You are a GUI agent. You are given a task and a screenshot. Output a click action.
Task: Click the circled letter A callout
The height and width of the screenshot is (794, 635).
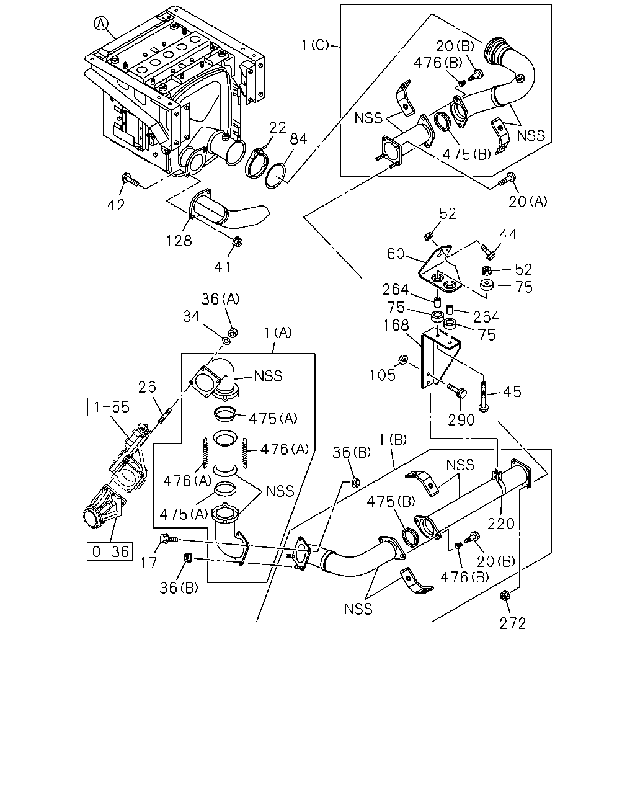(x=100, y=24)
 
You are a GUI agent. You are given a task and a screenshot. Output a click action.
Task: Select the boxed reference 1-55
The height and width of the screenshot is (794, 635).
(x=110, y=406)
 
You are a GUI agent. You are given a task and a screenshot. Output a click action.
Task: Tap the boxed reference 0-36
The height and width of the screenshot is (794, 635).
(x=110, y=551)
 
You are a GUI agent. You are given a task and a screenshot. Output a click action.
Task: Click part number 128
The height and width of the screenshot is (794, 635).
(x=179, y=241)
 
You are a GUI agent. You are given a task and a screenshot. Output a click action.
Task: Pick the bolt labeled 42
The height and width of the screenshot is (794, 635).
(x=130, y=180)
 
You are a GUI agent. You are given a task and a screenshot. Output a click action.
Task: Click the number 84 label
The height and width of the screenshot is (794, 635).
(x=298, y=139)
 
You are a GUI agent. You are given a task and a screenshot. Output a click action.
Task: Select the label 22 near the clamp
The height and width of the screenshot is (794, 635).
(x=277, y=128)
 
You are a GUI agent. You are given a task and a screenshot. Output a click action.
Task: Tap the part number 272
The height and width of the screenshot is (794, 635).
(x=512, y=623)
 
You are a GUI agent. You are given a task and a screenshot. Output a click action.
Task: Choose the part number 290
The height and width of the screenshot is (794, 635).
(x=461, y=419)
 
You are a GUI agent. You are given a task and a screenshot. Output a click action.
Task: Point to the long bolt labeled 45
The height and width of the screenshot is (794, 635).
(x=483, y=396)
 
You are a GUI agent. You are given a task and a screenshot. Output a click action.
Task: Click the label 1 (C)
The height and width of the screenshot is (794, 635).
(x=315, y=45)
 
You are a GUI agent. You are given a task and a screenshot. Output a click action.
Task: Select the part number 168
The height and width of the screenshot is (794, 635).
(x=396, y=325)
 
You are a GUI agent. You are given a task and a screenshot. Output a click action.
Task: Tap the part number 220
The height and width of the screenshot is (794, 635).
(x=500, y=523)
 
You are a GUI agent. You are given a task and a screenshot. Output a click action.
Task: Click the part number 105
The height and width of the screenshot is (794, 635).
(x=383, y=375)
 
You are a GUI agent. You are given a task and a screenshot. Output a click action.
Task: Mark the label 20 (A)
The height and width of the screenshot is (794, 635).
(x=528, y=202)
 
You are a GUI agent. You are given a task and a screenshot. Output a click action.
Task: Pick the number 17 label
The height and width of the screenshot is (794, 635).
(x=149, y=563)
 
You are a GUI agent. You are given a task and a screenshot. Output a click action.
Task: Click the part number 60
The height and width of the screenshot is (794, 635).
(x=396, y=254)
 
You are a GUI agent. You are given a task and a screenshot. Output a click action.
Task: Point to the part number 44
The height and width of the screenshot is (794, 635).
(x=508, y=234)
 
